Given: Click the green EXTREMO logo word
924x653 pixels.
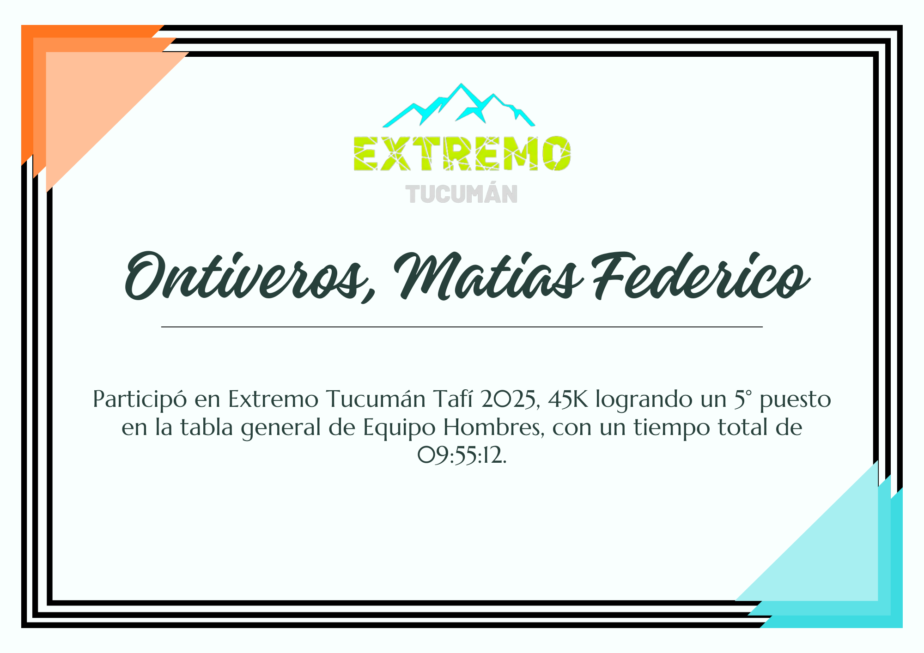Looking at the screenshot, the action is [x=462, y=153].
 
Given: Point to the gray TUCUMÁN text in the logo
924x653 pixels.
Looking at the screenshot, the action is [x=462, y=194].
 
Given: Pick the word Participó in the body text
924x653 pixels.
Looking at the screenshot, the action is [x=140, y=400].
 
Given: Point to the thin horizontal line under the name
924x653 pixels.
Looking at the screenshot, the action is [x=462, y=327].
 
